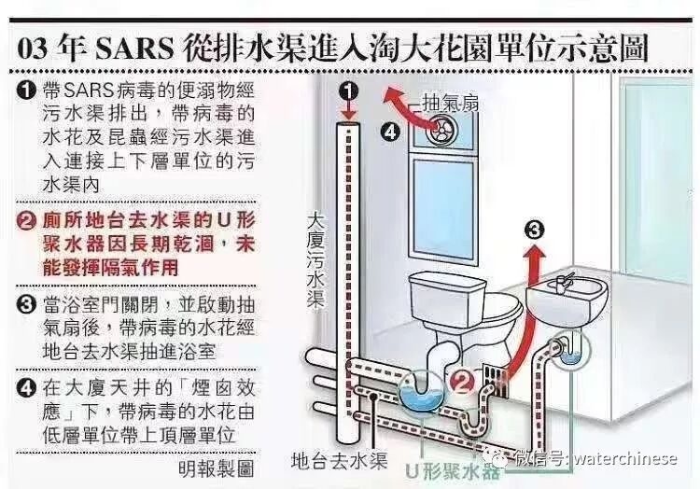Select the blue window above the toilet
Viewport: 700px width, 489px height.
tap(449, 203)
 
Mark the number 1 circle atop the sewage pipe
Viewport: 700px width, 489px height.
tap(348, 91)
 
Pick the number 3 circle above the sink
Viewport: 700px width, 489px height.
tap(532, 230)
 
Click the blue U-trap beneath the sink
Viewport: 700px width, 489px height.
tap(573, 352)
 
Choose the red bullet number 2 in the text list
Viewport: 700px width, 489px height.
tap(27, 220)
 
